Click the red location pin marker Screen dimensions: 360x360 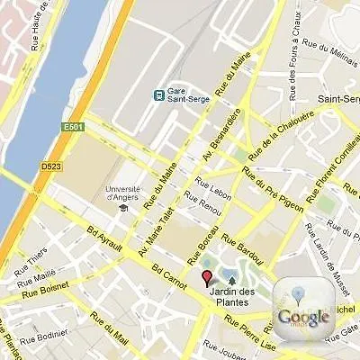206,277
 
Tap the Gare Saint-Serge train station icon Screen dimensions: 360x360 159,94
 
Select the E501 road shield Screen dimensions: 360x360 73,127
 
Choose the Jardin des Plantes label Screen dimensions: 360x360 231,295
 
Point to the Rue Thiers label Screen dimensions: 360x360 37,257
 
